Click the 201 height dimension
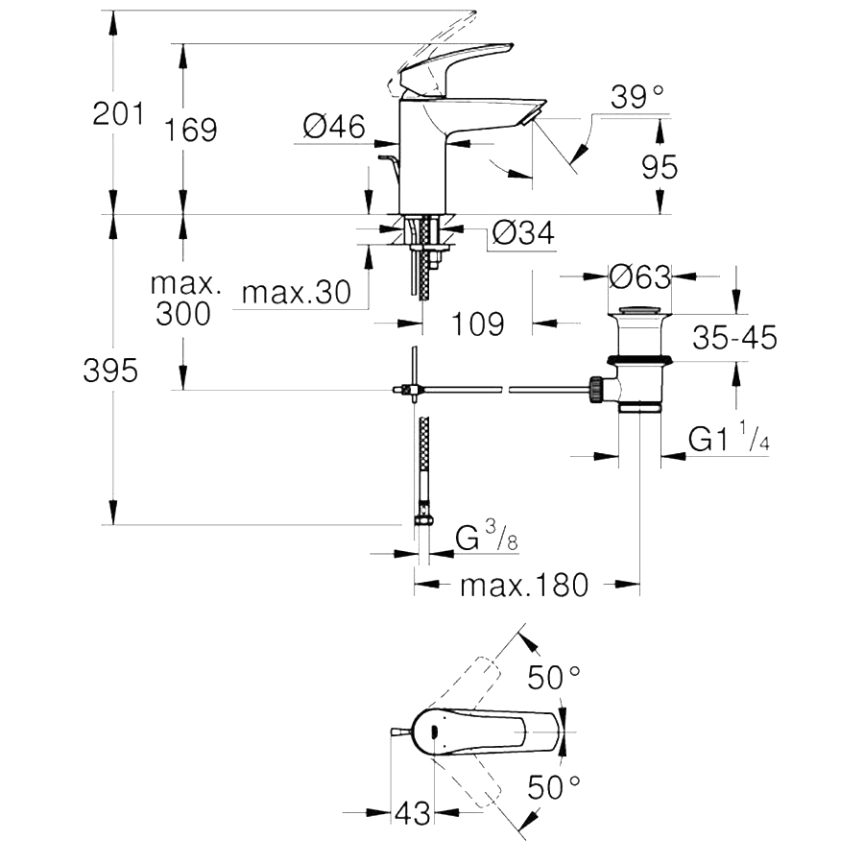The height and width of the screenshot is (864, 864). pos(118,114)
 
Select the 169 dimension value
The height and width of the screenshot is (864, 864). pos(191,130)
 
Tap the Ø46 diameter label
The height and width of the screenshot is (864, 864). pos(334,126)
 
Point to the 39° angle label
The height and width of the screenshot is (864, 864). pos(637,97)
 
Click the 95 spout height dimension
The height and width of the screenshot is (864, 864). pos(660,166)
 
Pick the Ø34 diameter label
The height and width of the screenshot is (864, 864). pos(523,233)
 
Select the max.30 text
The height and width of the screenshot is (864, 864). pos(297,292)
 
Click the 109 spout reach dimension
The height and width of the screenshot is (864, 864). pos(478,324)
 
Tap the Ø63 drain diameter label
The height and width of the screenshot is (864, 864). pos(640,276)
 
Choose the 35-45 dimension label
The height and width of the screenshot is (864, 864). pos(734,337)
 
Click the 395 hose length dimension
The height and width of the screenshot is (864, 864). pos(110,371)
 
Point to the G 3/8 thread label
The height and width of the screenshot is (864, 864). pos(487,537)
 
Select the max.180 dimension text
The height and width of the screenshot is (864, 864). pos(524,585)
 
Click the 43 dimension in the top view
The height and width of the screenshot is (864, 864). pos(413,813)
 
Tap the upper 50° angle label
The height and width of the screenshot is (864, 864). pos(554,677)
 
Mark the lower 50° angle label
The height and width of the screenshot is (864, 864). pos(554,786)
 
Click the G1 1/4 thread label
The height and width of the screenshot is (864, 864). pos(729,437)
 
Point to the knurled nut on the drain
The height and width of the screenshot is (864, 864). pos(596,389)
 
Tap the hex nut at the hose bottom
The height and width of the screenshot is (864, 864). pos(423,519)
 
